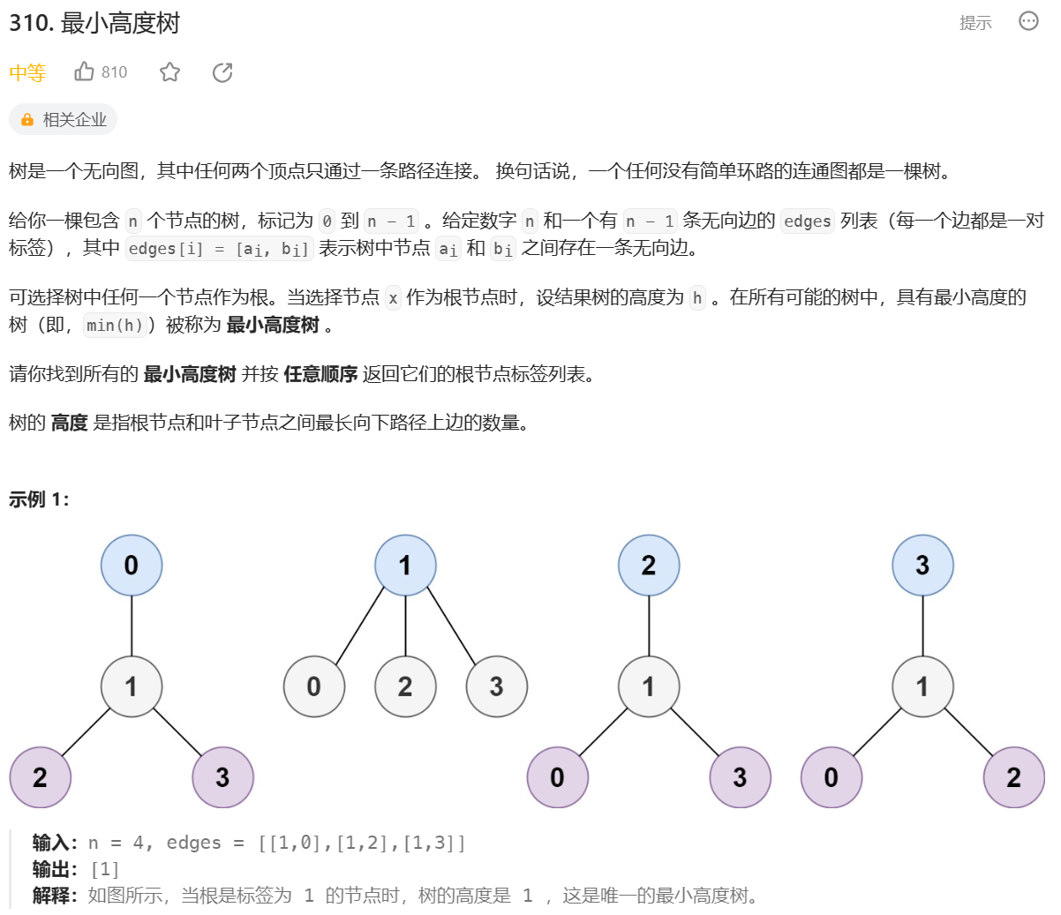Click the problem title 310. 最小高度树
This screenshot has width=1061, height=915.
[94, 23]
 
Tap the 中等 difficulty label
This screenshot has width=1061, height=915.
[27, 73]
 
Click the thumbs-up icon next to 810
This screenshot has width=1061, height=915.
[85, 71]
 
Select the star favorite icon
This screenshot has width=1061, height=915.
[170, 72]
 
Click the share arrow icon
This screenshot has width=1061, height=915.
[222, 72]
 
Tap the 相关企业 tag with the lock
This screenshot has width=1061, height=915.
[64, 120]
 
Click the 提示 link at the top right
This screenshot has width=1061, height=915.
[975, 23]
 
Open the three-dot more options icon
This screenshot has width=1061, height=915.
[1028, 21]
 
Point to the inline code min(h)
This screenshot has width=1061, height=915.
[115, 326]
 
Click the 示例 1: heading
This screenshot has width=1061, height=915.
[39, 499]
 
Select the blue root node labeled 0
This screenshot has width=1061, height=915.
[132, 565]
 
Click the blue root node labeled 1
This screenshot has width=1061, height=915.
[405, 565]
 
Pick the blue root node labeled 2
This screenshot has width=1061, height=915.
[649, 565]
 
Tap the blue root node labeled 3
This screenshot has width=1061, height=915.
[922, 565]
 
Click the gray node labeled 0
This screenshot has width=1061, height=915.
[314, 686]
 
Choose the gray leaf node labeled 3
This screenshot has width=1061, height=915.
[496, 686]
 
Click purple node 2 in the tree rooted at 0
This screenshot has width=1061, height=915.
[40, 776]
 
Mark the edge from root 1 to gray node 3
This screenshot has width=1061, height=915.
[451, 625]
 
